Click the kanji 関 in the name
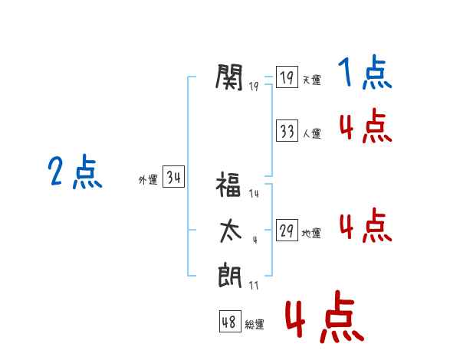(x=229, y=77)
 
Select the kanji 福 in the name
(x=228, y=184)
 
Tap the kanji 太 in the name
(x=231, y=231)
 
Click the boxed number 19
(x=287, y=77)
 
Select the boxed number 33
(x=287, y=130)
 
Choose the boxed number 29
(x=287, y=230)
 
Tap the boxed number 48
(x=230, y=321)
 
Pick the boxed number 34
(x=173, y=176)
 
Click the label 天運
(x=311, y=80)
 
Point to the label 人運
(x=311, y=134)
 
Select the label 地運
(x=311, y=234)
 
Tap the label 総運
(x=255, y=325)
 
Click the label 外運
(x=148, y=180)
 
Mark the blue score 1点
(x=365, y=72)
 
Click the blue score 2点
(x=75, y=172)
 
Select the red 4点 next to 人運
(x=366, y=126)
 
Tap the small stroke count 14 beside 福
(x=254, y=194)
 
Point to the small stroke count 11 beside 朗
(x=254, y=285)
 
